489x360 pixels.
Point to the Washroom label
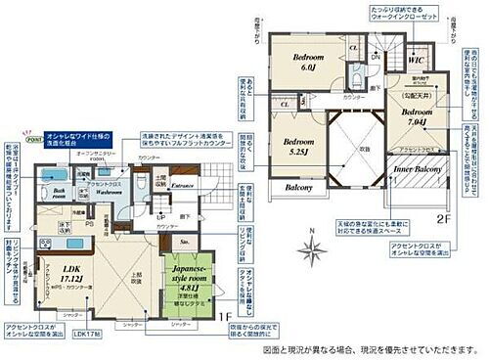(x=106, y=192)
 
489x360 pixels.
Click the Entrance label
(x=183, y=183)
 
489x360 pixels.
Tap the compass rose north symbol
(x=312, y=248)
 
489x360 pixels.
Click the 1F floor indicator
(x=225, y=315)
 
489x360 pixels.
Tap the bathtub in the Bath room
(x=48, y=177)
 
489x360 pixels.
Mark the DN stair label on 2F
(x=375, y=58)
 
